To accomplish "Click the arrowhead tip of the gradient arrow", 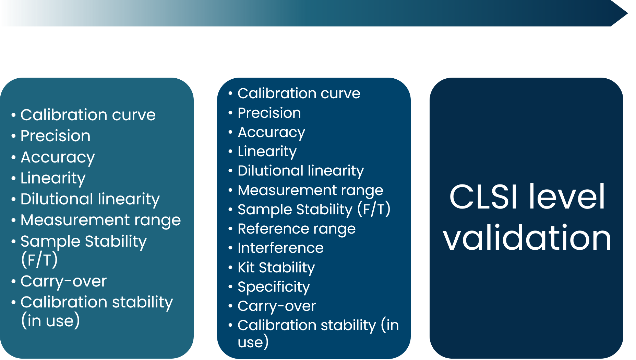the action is (627, 13).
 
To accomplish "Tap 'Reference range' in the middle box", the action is (297, 229).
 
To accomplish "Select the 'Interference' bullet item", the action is (280, 248).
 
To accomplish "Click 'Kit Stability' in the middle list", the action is (276, 268).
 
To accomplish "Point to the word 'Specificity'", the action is (274, 287).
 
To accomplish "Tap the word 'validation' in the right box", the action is (527, 238).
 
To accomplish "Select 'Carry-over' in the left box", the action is (63, 281).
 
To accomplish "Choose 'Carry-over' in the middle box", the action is (277, 306).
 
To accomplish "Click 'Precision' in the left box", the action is (56, 136).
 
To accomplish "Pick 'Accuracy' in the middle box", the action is (271, 133).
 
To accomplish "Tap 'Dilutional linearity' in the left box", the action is (90, 199).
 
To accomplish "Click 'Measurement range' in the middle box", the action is (310, 190).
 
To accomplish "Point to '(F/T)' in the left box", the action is (39, 259).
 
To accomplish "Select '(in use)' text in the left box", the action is (50, 321).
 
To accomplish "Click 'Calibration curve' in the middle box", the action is (299, 93).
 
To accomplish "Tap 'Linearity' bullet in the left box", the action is (53, 178).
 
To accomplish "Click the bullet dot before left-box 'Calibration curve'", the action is (13, 115).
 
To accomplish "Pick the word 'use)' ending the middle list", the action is (253, 342).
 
